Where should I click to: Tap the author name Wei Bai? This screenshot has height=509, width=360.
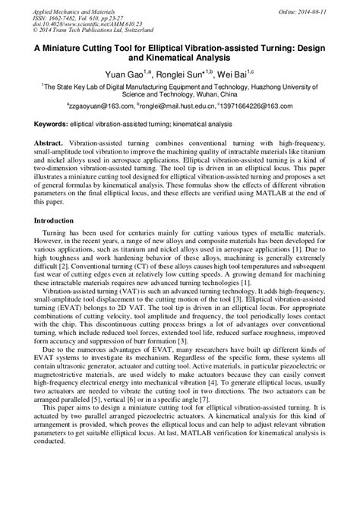(244, 75)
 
